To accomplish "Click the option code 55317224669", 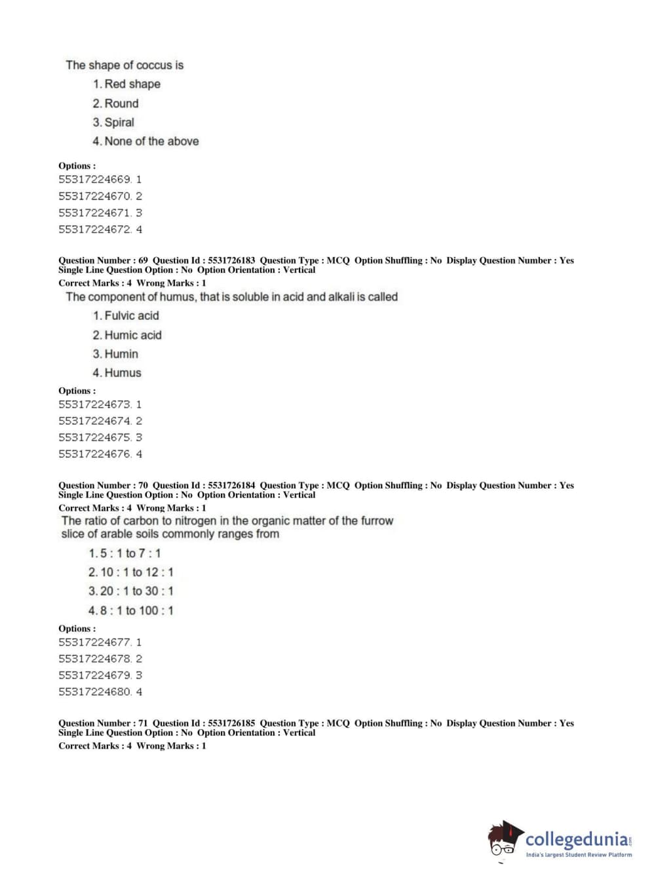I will [x=95, y=180].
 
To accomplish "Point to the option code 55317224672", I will [x=95, y=229].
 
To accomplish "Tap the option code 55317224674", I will [x=95, y=421].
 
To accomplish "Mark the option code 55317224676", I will [x=95, y=454].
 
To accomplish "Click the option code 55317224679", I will [x=95, y=675].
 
